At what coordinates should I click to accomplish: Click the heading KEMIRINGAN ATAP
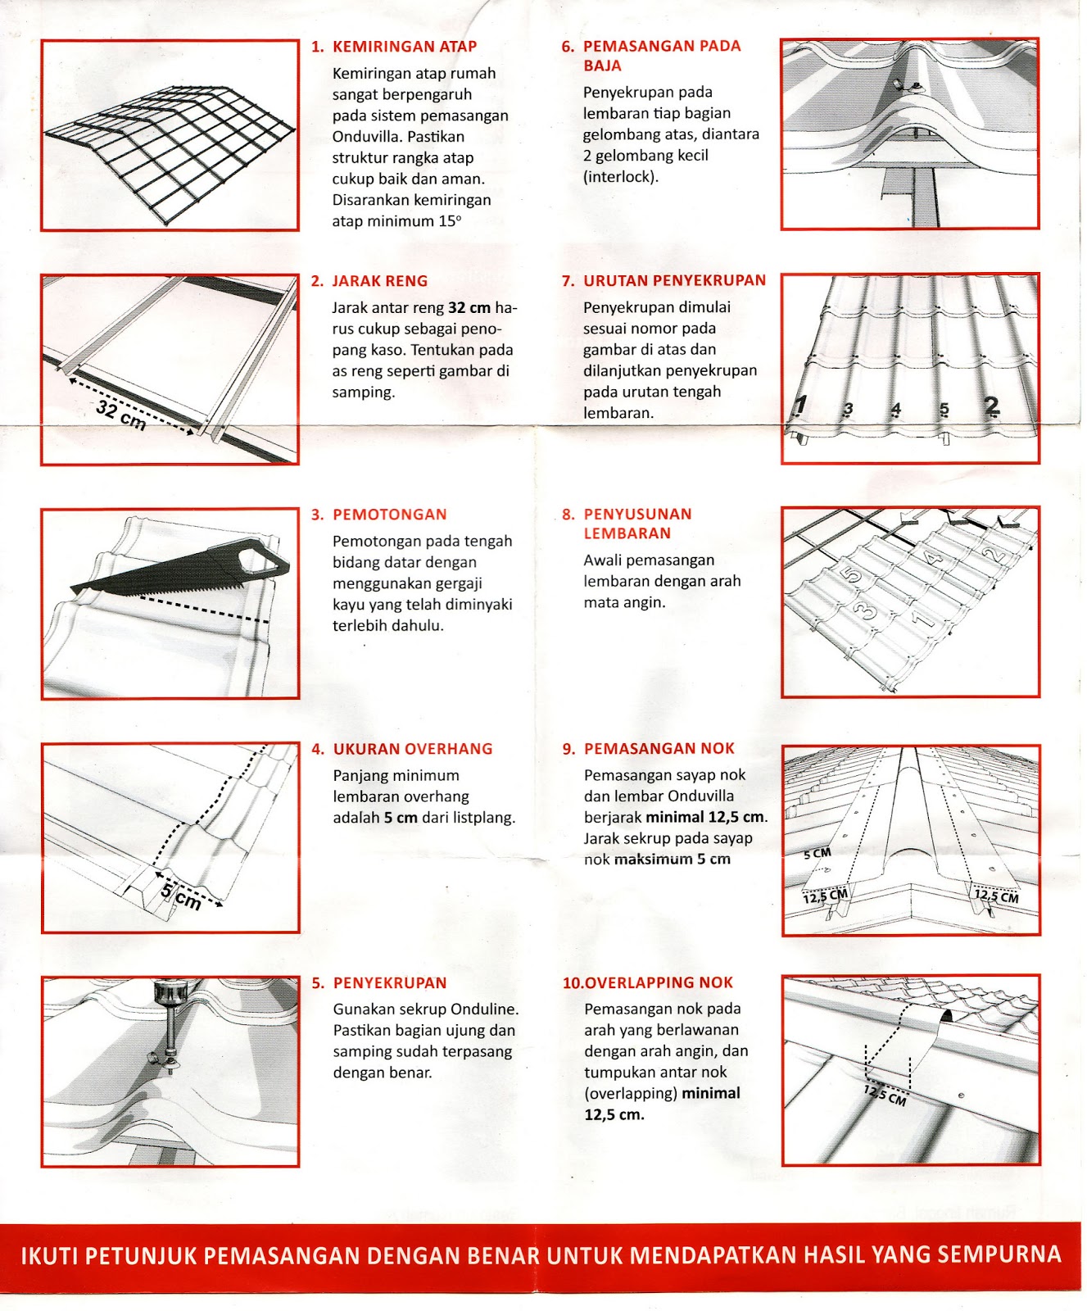click(x=404, y=47)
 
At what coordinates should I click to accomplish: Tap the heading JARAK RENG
click(x=379, y=281)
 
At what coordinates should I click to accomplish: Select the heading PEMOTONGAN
click(x=389, y=515)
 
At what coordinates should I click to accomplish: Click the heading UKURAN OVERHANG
click(x=412, y=749)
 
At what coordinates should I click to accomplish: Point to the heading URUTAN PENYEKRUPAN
click(x=674, y=280)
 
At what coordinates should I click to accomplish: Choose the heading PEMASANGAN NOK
click(x=659, y=748)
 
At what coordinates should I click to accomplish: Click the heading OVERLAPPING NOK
click(x=659, y=982)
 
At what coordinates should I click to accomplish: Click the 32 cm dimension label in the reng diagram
click(x=120, y=415)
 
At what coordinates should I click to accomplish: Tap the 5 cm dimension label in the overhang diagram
click(x=181, y=896)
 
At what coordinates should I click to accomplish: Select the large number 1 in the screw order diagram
click(x=801, y=405)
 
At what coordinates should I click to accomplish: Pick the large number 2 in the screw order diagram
click(x=992, y=405)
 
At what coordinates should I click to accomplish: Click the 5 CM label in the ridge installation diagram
click(x=818, y=853)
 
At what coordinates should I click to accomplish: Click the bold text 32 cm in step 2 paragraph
click(x=469, y=308)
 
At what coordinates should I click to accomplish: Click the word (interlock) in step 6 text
click(x=620, y=176)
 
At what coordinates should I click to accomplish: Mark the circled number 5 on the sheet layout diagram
click(x=851, y=574)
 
